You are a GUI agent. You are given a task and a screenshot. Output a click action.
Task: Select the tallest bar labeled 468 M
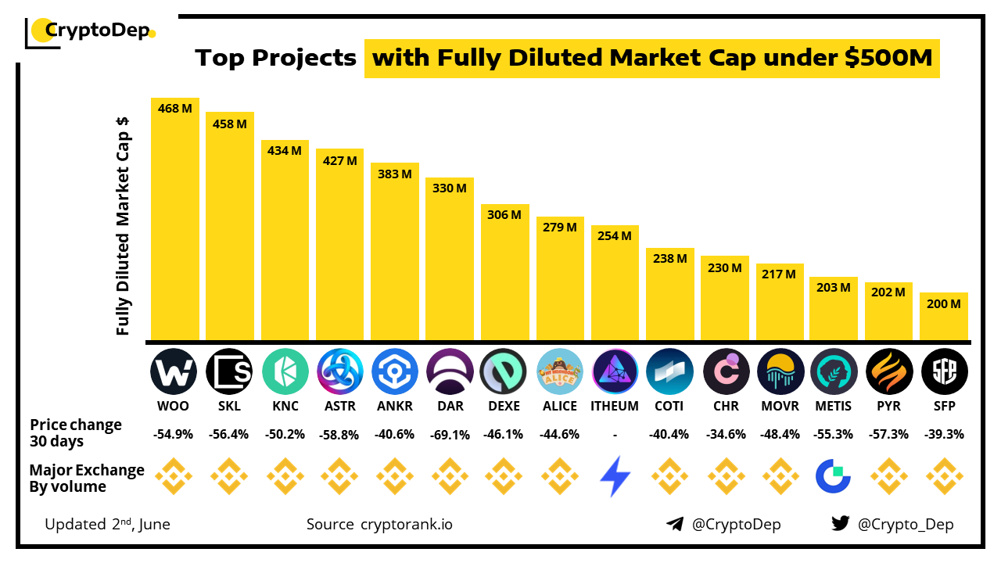(x=175, y=219)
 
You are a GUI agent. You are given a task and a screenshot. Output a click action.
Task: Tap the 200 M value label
(x=945, y=304)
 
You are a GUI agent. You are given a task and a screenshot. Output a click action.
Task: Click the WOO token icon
(x=174, y=371)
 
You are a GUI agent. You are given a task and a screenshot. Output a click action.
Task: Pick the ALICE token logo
(x=560, y=371)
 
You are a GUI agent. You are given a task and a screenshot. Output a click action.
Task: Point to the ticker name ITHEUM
(x=615, y=406)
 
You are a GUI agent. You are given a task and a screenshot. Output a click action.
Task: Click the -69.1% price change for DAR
(x=450, y=434)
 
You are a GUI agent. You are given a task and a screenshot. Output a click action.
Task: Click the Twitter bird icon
(x=841, y=524)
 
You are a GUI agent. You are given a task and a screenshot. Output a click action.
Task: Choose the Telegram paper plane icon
(x=675, y=524)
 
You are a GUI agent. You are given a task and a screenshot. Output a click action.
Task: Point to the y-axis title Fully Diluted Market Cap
(x=123, y=227)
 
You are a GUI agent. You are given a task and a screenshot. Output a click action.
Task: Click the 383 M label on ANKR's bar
(x=395, y=174)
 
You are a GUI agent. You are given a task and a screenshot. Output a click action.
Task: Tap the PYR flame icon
(x=889, y=371)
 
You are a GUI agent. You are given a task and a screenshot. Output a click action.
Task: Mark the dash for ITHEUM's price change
(x=615, y=434)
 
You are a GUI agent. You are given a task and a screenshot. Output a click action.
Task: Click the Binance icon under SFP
(x=944, y=477)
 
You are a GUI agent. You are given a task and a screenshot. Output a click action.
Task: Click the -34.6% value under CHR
(x=725, y=434)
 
